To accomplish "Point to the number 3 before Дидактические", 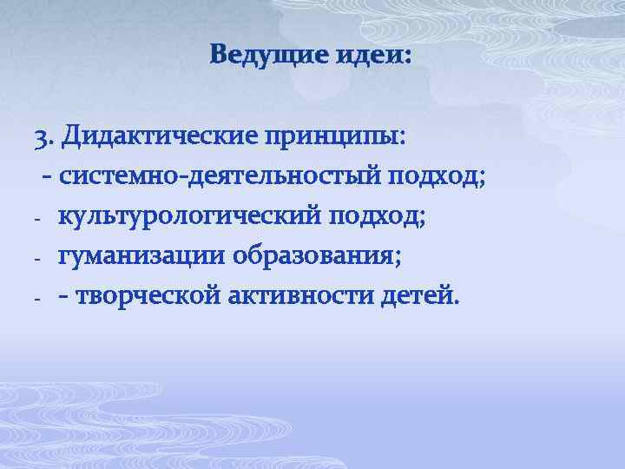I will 41,137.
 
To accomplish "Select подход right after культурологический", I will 383,217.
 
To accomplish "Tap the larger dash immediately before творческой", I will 65,298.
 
